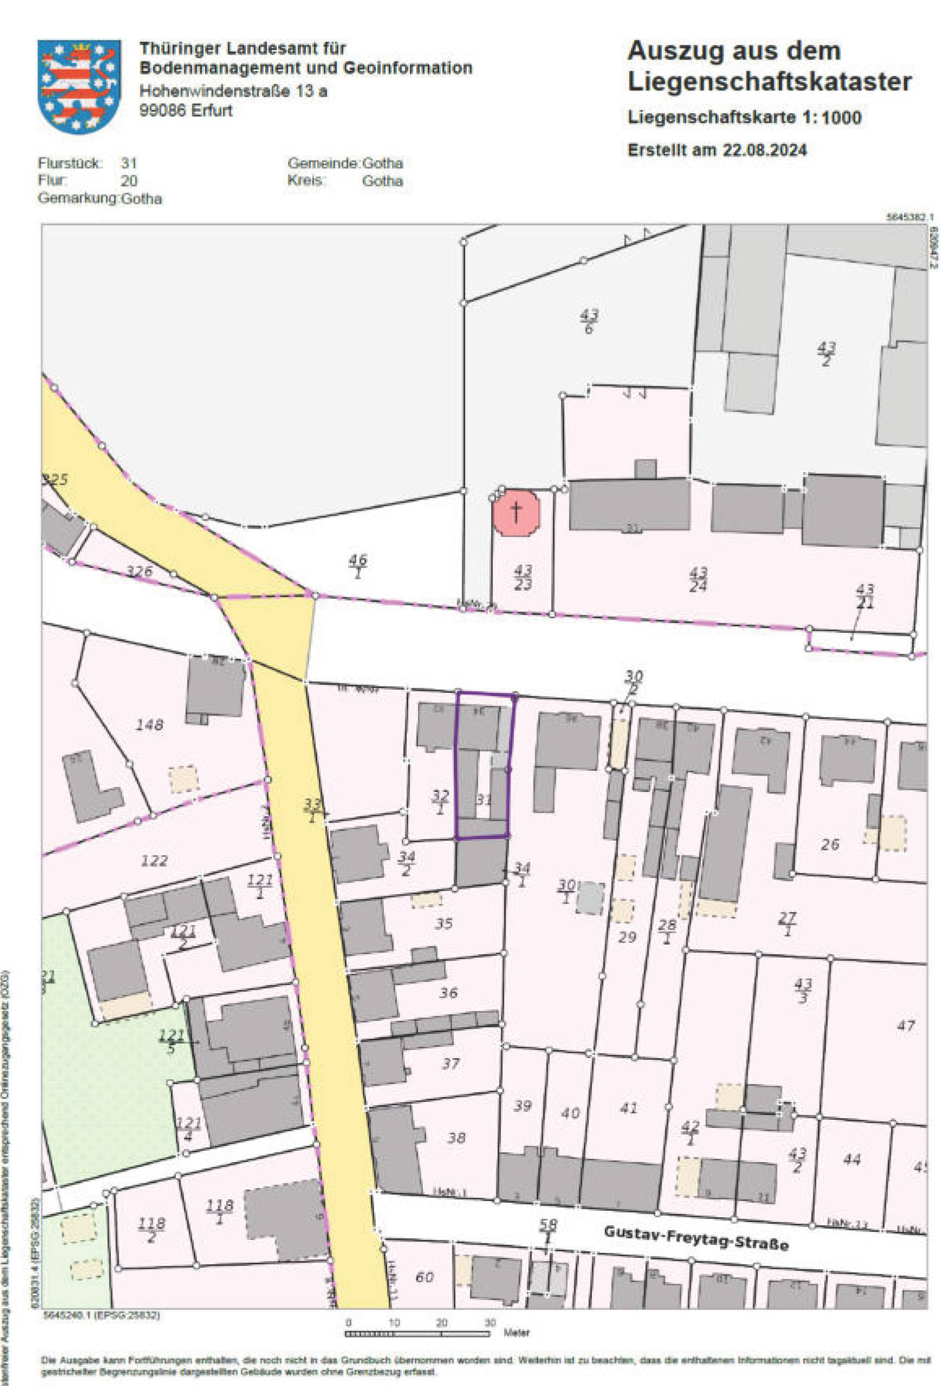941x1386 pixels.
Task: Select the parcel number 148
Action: [x=149, y=724]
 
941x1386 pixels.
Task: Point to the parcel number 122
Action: [x=154, y=861]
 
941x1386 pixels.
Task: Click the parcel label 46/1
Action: [x=357, y=565]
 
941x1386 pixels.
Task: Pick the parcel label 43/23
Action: [x=522, y=577]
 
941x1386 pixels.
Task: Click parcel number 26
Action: [x=829, y=844]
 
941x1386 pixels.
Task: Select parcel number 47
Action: [x=905, y=1025]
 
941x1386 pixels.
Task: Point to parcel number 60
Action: [x=424, y=1277]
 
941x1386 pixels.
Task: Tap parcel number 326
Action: [x=139, y=571]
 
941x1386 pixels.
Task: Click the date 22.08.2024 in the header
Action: [x=764, y=150]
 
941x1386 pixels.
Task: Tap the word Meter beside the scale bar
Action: [x=516, y=1332]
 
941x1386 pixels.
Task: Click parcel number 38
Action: [x=456, y=1137]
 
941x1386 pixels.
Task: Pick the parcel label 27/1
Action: [x=788, y=924]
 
